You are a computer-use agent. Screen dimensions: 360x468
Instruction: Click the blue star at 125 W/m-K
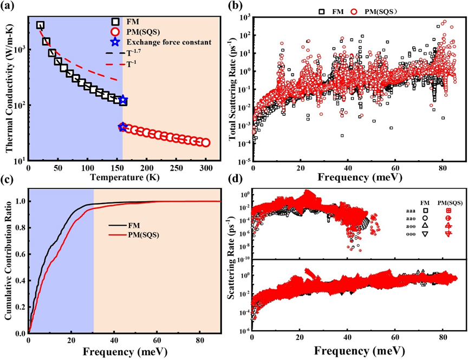click(123, 100)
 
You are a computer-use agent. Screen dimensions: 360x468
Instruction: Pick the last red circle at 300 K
click(206, 143)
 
